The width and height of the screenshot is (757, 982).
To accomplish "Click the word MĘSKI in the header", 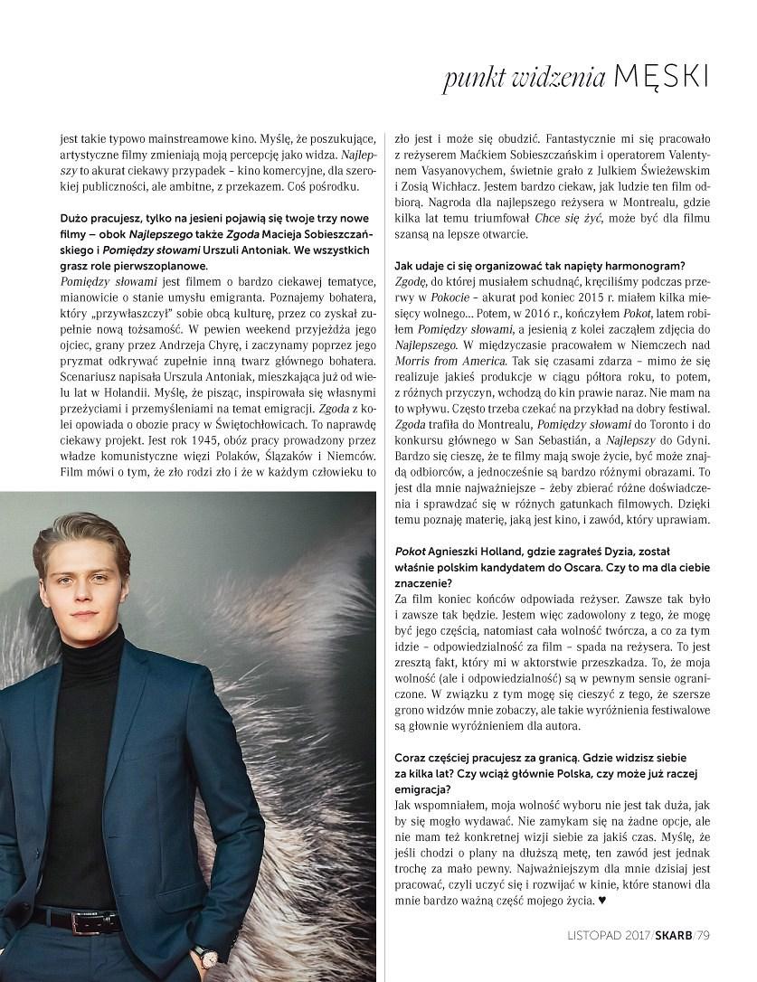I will click(660, 78).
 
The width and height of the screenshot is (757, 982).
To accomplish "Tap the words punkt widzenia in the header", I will click(524, 80).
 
